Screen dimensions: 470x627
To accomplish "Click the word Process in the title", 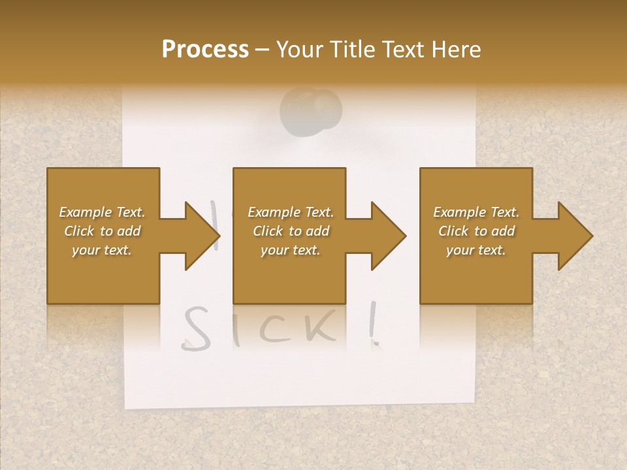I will point(205,50).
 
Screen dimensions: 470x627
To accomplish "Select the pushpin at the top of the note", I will point(312,109).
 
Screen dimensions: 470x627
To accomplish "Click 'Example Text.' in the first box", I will point(102,212).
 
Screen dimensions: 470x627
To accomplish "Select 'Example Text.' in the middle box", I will point(291,212).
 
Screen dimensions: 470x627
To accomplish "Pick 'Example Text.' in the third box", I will point(476,212).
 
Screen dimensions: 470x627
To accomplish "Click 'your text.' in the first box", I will point(102,250).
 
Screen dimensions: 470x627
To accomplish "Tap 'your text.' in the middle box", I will point(291,250).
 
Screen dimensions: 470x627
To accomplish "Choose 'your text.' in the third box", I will point(476,250).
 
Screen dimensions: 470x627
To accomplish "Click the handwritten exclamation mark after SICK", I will point(374,324).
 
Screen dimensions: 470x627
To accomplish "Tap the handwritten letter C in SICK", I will point(276,327).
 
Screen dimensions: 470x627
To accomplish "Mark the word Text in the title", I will point(401,50).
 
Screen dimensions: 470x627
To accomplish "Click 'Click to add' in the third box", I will point(476,231).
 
